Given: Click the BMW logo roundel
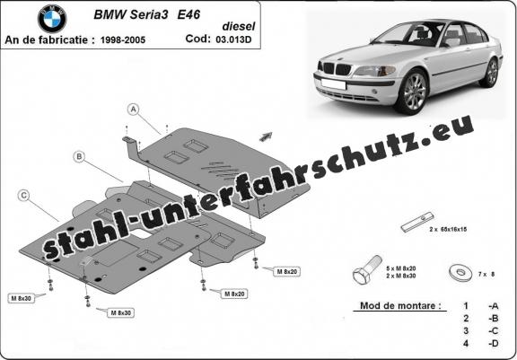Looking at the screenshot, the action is click(52, 19).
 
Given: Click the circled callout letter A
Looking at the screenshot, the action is click(134, 110).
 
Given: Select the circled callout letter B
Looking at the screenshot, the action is click(79, 157).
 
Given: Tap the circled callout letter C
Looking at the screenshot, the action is click(23, 196).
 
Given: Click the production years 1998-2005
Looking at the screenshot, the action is click(123, 40).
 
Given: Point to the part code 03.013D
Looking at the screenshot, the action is click(233, 40).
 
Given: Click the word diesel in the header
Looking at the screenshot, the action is click(239, 26).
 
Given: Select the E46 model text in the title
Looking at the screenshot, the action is click(188, 14).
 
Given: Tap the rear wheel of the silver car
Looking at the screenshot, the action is click(491, 73).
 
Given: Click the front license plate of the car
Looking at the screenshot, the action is click(333, 84).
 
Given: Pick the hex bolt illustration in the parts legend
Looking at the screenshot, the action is click(367, 269).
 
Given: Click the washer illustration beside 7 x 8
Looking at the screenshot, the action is click(460, 273).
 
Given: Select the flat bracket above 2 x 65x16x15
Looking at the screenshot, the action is click(417, 222).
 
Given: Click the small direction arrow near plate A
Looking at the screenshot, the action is click(266, 136).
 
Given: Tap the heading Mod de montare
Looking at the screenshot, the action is click(400, 305).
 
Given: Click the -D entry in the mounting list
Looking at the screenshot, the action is click(493, 344).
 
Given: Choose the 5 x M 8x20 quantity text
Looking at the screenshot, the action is click(401, 268).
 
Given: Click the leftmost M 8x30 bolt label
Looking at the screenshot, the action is click(22, 298).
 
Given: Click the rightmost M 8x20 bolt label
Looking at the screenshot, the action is click(287, 272).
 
